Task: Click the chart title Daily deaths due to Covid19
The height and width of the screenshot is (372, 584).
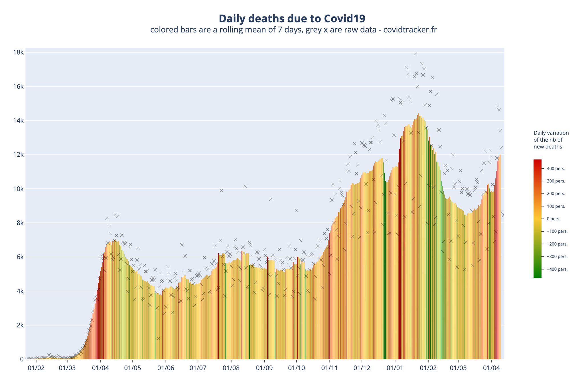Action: click(x=292, y=19)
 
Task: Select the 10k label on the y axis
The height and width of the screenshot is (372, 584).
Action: click(x=19, y=189)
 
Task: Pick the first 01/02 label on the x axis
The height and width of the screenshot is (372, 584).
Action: click(x=36, y=367)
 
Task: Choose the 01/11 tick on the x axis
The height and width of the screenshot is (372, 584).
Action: click(x=329, y=367)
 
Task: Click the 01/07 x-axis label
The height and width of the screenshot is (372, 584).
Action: click(x=198, y=367)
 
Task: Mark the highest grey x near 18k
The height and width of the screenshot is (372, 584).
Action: click(x=415, y=54)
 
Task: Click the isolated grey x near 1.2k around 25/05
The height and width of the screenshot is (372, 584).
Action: click(x=158, y=339)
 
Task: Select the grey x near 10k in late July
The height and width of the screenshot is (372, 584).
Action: click(x=221, y=190)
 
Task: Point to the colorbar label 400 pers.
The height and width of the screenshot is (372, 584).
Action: click(x=556, y=169)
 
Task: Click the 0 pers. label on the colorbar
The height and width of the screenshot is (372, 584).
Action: click(x=553, y=219)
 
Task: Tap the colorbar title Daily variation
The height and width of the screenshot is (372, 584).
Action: click(x=551, y=133)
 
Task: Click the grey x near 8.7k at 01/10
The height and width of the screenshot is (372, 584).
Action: click(x=296, y=211)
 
